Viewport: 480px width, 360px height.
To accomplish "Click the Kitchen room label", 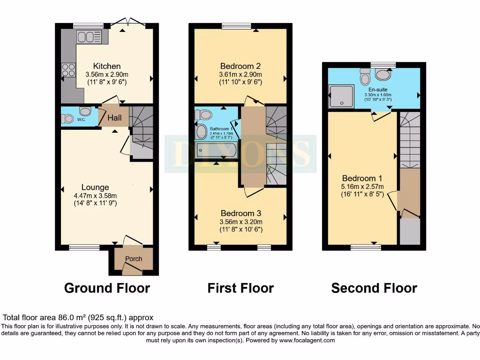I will (106, 66).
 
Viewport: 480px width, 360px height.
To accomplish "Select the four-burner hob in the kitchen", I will (68, 70).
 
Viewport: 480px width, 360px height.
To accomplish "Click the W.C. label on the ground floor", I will (81, 119).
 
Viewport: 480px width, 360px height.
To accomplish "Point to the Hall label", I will (115, 119).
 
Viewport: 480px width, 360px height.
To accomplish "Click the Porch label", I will (133, 259).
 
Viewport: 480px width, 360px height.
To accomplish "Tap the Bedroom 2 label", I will (240, 66).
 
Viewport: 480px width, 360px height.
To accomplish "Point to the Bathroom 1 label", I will (220, 129).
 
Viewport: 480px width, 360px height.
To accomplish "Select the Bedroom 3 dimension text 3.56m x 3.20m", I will (240, 222).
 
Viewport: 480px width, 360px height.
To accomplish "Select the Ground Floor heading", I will (107, 288).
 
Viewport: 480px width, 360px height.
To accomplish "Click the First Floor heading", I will (240, 288).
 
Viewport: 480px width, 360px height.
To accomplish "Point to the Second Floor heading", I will (374, 288).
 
